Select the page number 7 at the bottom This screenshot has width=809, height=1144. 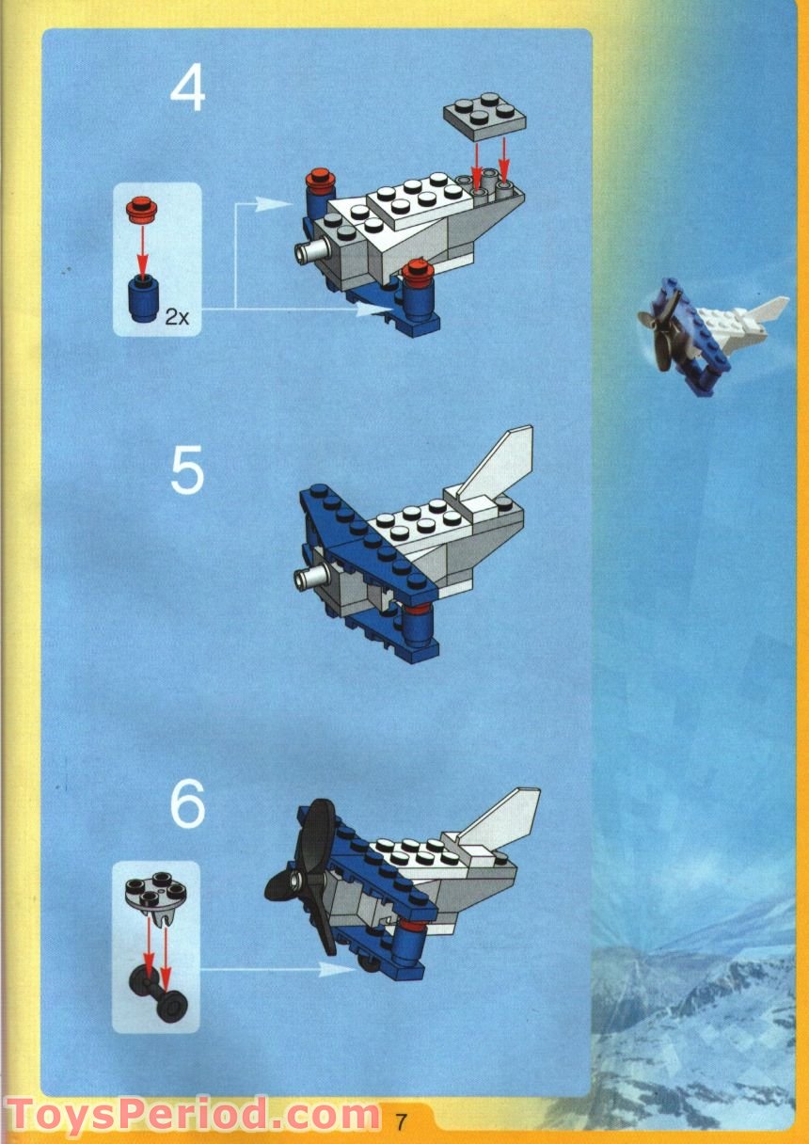click(402, 1121)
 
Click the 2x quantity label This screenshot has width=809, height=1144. click(177, 317)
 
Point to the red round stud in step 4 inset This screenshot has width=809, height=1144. click(141, 206)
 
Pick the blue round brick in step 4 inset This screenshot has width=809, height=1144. click(143, 300)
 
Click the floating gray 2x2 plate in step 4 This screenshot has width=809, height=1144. click(484, 117)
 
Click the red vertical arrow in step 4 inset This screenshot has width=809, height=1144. click(142, 247)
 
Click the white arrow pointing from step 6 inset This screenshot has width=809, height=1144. click(273, 970)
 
